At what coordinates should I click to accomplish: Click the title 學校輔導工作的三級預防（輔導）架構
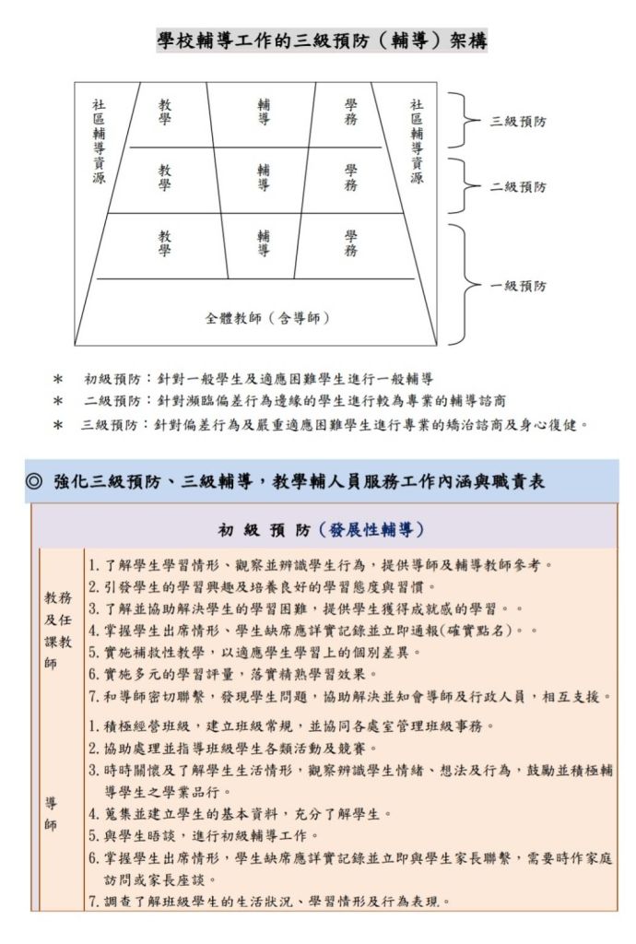[x=321, y=40]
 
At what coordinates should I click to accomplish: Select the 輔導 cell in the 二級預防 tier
[x=264, y=177]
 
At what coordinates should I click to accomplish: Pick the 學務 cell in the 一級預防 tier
[x=351, y=243]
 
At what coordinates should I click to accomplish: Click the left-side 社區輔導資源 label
[x=99, y=142]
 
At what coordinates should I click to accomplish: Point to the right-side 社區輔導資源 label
[x=417, y=142]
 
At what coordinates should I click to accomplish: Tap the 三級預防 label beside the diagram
[x=517, y=121]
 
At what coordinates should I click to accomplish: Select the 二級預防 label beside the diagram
[x=517, y=187]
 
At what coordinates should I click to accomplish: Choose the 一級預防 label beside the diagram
[x=517, y=287]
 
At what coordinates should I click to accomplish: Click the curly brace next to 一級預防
[x=464, y=283]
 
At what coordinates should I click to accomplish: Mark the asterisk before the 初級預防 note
[x=58, y=379]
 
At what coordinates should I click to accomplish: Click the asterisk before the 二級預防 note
[x=58, y=402]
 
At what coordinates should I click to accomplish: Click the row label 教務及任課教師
[x=58, y=630]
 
